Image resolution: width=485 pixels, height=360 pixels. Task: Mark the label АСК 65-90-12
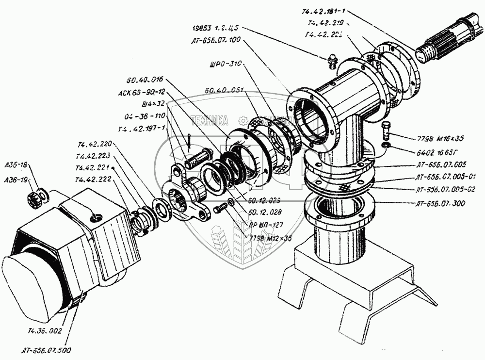click(141, 91)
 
